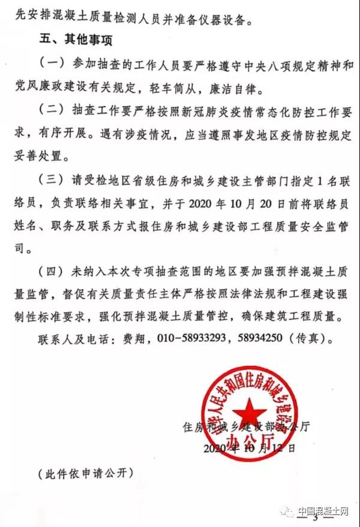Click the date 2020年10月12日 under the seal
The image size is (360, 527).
250,447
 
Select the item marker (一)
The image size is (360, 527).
50,64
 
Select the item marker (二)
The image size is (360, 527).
50,110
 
